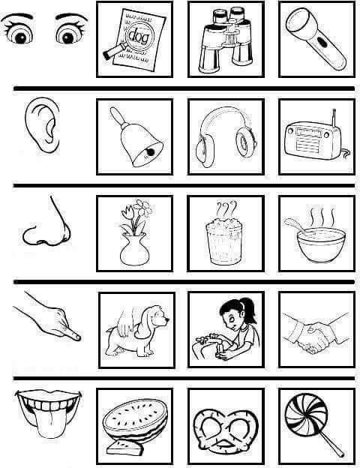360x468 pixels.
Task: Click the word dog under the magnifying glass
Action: click(x=139, y=37)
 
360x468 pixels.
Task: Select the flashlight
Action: click(x=316, y=39)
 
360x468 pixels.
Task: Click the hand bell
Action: click(x=136, y=136)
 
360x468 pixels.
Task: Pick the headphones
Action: click(x=226, y=136)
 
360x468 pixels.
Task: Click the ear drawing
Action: click(x=42, y=124)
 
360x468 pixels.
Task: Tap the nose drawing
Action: click(x=46, y=222)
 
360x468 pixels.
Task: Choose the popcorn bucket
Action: click(x=224, y=242)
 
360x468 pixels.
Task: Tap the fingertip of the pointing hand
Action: click(x=76, y=337)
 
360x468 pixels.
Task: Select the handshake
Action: click(x=316, y=334)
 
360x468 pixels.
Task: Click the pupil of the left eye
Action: click(x=20, y=38)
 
